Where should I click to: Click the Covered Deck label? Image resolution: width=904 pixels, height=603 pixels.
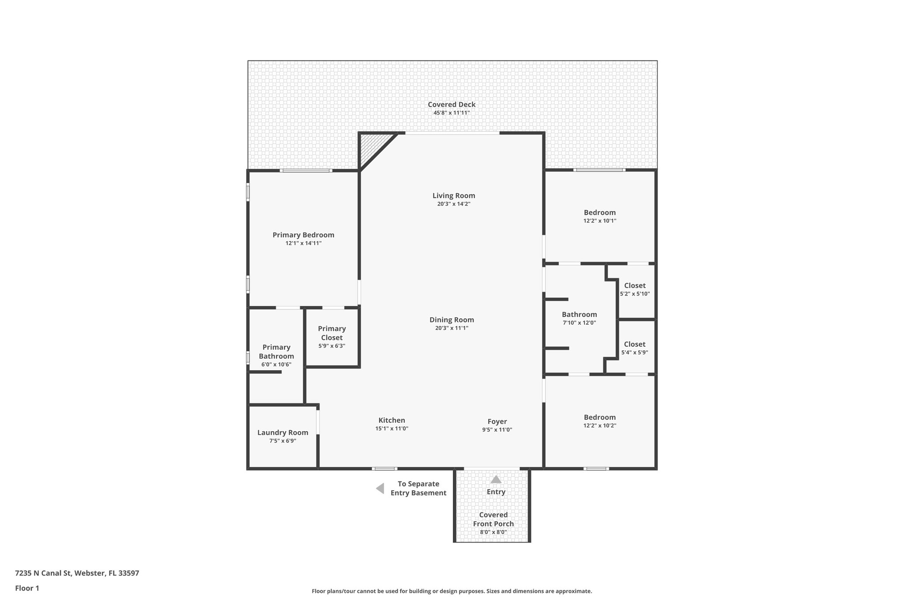[452, 105]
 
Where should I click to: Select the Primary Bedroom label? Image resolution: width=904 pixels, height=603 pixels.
[303, 235]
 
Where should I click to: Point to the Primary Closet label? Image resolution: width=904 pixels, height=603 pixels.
[331, 333]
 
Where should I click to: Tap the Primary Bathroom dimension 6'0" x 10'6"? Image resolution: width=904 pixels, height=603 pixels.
[276, 365]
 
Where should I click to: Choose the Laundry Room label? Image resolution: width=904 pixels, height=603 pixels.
[282, 432]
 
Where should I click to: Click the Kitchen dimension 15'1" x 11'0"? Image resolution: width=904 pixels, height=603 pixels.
[392, 429]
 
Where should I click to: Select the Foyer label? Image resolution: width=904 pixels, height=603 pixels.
[497, 421]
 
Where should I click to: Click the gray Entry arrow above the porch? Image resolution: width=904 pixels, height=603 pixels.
[496, 479]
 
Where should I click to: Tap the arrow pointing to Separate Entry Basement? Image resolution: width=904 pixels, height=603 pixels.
[380, 489]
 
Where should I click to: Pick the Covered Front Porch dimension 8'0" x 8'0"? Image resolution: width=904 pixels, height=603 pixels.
[493, 532]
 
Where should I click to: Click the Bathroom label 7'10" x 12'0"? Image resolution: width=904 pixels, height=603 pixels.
[579, 315]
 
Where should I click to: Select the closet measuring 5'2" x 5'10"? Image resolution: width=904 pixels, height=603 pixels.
[635, 289]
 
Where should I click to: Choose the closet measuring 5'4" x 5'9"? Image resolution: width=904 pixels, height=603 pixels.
[634, 348]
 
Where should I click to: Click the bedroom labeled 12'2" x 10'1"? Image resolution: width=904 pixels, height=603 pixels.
[599, 216]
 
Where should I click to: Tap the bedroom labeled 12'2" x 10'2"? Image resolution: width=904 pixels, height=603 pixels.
[599, 421]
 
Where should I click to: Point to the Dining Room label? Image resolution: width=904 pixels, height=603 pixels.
[452, 320]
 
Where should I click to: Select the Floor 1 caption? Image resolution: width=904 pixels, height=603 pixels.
[27, 588]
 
